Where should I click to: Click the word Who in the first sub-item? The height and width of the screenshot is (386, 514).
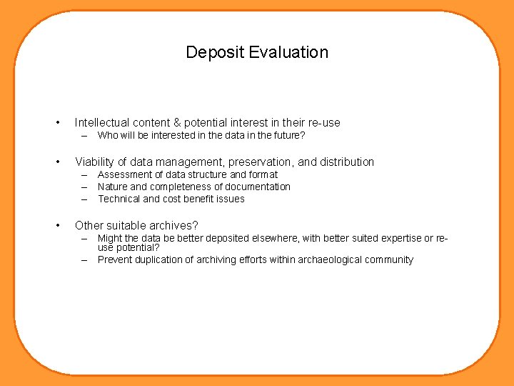pos(108,135)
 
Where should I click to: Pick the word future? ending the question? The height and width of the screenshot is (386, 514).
pos(288,135)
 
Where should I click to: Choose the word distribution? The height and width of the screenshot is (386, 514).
pos(345,162)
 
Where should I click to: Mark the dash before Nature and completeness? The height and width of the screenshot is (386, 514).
pos(84,187)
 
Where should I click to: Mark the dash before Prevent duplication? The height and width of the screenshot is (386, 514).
pos(84,259)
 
